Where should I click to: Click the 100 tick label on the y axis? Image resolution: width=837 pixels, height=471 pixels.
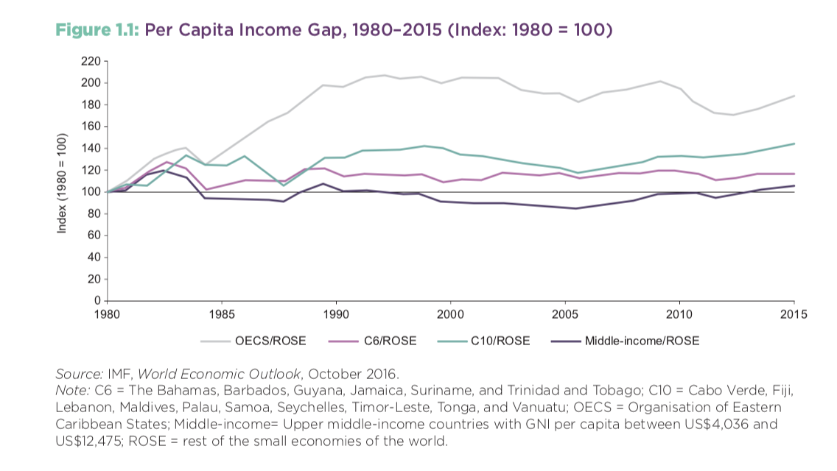point(91,192)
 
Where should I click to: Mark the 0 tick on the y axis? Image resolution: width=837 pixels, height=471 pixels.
point(96,301)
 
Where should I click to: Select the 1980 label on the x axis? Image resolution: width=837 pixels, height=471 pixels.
point(108,315)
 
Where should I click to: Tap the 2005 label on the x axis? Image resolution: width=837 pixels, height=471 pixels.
point(564,315)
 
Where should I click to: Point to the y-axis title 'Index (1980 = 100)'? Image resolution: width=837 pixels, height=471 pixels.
point(63,184)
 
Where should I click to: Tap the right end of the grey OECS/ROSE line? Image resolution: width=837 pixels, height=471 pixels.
point(794,96)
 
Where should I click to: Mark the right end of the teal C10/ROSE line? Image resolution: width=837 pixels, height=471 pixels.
point(794,144)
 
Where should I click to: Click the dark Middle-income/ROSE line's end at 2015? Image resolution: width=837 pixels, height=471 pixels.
point(794,185)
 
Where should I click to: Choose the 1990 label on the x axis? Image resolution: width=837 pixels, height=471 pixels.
point(336,315)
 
